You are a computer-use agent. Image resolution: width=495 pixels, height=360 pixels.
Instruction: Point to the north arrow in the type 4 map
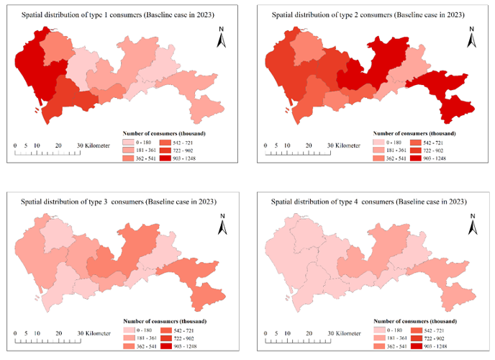pos(472,224)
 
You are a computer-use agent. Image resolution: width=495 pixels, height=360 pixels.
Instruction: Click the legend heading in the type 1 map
pos(162,134)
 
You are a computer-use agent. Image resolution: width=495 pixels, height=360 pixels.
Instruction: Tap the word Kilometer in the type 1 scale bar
pos(94,145)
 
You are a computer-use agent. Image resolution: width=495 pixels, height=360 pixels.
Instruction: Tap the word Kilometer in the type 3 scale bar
pos(94,333)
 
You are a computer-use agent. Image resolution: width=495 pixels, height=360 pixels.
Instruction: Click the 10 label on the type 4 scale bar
pos(286,333)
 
